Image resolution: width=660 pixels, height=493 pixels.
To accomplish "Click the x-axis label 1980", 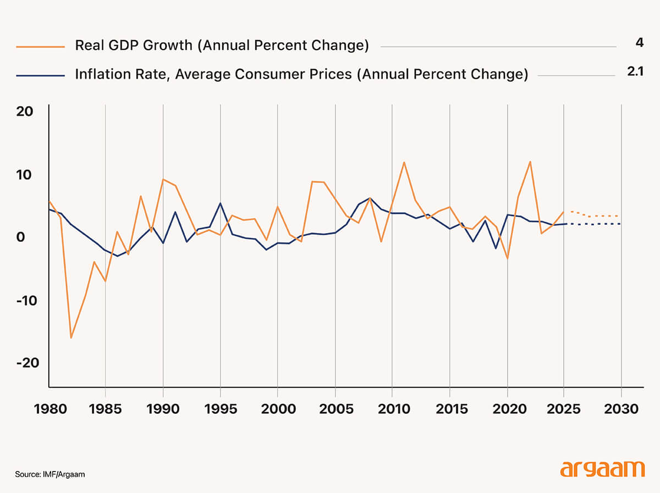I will (49, 409).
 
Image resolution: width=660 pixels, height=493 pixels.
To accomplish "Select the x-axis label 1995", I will (220, 409).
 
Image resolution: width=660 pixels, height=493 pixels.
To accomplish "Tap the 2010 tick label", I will (392, 409).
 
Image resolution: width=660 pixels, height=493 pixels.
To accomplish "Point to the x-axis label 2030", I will (620, 409).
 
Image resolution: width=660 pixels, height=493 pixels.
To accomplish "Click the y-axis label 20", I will (25, 112).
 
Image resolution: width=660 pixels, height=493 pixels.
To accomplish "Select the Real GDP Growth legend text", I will (222, 46).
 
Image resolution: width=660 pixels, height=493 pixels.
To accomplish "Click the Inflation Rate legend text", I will (301, 74).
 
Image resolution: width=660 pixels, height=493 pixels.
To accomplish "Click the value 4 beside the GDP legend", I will (639, 42).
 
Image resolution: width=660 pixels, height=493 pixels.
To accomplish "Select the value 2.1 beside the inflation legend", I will (635, 71).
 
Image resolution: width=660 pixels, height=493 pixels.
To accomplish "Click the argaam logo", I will (602, 469).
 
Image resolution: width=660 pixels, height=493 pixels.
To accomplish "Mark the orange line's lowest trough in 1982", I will (71, 338).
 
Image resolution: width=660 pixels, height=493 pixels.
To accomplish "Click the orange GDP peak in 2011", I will (404, 162).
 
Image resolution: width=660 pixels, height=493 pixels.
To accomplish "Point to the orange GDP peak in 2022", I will (530, 162).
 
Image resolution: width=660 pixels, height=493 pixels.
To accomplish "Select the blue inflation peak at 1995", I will (220, 203).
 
